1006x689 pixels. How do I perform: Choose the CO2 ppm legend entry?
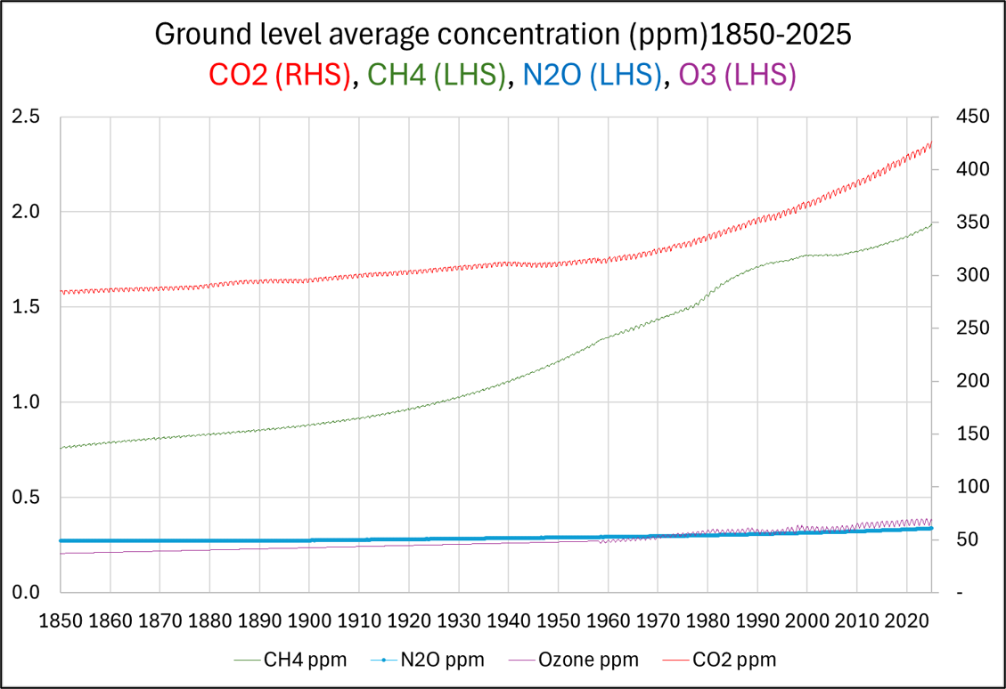point(732,660)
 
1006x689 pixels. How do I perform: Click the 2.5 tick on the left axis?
point(27,117)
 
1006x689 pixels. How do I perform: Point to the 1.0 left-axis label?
point(27,402)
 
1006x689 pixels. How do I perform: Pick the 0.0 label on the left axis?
point(27,593)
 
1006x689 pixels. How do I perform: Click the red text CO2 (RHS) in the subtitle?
point(280,75)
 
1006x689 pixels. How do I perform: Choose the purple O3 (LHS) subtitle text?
point(738,75)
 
